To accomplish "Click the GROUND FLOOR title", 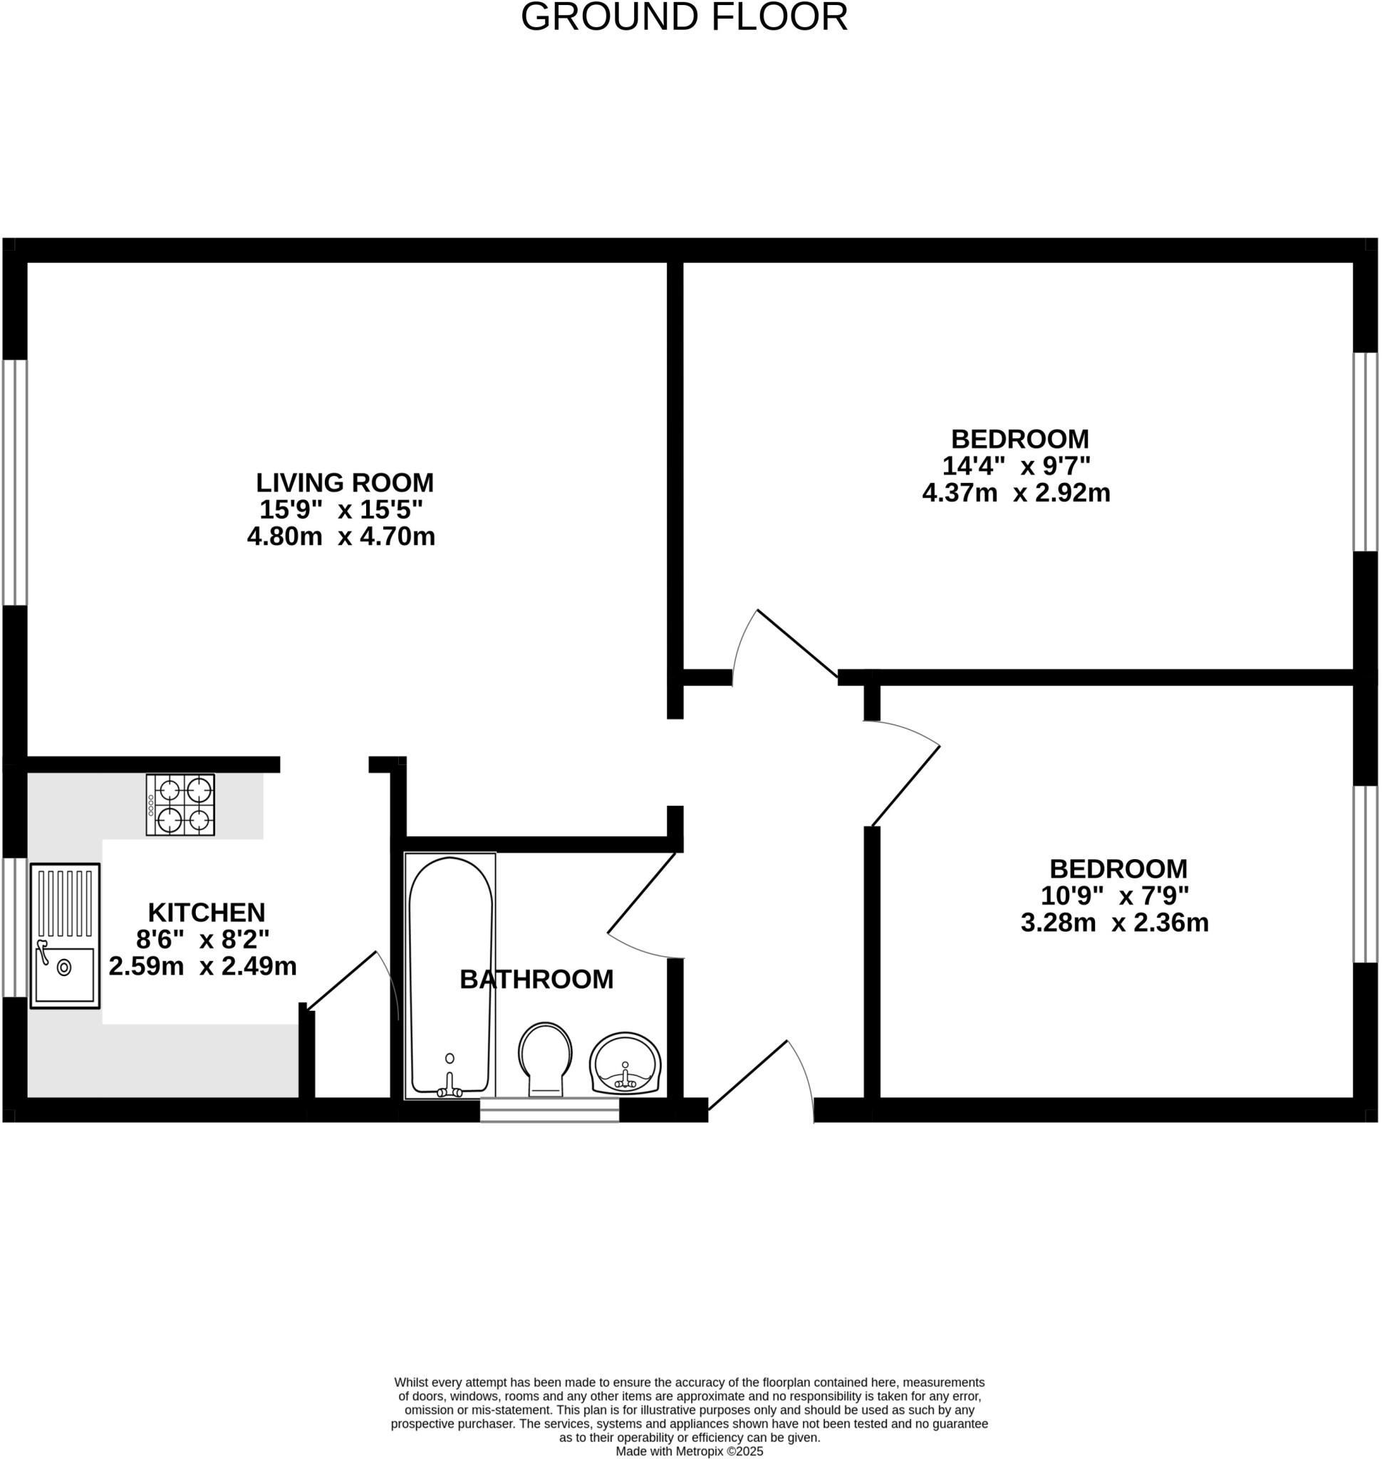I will click(684, 18).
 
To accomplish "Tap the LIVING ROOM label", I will click(345, 482).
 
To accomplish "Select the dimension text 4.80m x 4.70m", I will click(341, 536).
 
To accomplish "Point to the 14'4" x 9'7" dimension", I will click(1016, 466).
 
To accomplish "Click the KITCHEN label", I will click(207, 913).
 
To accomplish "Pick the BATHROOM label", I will click(536, 980).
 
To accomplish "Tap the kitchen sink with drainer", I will click(65, 936).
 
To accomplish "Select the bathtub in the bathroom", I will click(450, 972).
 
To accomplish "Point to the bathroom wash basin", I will click(625, 1064).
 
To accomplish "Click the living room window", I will click(15, 482).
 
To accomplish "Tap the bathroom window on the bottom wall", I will click(549, 1110).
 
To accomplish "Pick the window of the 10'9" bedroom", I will click(1365, 874).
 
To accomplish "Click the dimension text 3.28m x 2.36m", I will click(1115, 923).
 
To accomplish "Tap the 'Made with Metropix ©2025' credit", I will click(690, 1452).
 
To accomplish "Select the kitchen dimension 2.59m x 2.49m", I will click(202, 966).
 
